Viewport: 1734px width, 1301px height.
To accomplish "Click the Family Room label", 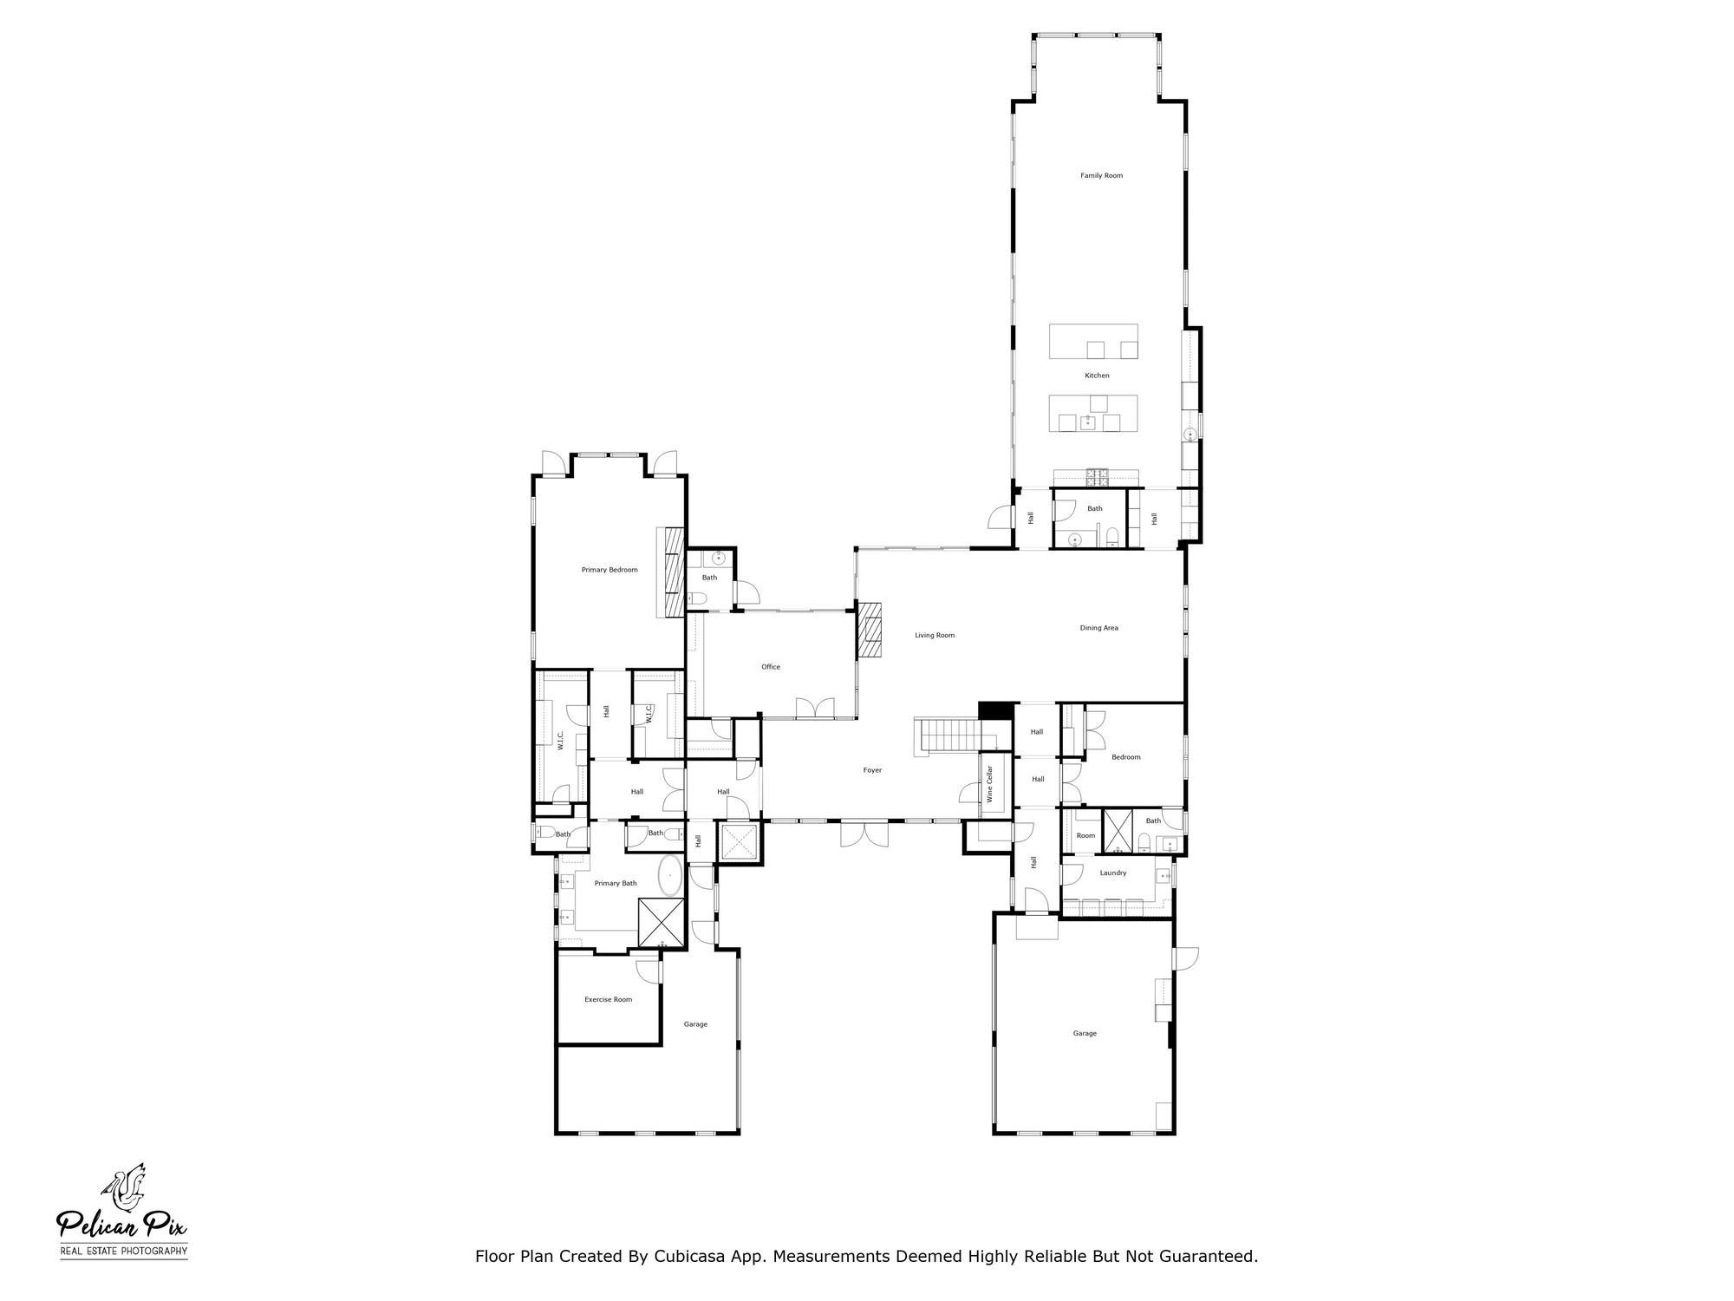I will coord(1101,176).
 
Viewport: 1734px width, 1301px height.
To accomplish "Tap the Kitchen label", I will coord(1097,376).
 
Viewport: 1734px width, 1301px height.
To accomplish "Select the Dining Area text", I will coord(1098,628).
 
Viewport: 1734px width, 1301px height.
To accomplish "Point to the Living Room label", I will coord(935,636).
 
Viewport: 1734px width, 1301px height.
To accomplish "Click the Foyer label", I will coord(872,770).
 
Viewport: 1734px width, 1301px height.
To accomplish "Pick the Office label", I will coord(771,667).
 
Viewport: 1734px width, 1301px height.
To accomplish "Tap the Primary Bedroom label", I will coord(610,570).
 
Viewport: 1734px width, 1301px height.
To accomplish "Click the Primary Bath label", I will coord(616,883).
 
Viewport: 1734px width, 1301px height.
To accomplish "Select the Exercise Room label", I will coord(608,999).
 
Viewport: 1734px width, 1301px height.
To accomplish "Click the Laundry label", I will coord(1113,873).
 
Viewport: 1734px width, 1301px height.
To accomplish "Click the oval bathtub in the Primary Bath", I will coord(670,876).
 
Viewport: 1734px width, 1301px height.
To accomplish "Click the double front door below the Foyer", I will coord(864,834).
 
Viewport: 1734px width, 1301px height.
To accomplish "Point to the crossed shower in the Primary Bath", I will coord(662,922).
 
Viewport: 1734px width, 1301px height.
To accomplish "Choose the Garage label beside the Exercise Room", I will coord(695,1024).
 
